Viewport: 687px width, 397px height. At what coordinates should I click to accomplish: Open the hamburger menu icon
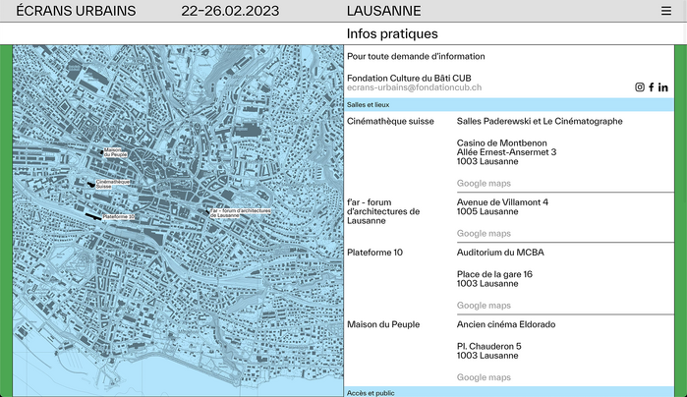point(665,11)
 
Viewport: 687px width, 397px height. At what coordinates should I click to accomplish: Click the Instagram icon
point(640,87)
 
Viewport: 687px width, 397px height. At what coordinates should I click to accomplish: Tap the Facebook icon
point(651,87)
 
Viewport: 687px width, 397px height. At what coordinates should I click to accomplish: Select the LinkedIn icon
point(663,87)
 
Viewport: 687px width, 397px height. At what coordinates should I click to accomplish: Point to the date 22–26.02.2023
point(230,11)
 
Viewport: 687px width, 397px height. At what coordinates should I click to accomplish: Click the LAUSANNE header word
point(383,11)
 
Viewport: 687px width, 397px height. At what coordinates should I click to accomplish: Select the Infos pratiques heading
point(392,33)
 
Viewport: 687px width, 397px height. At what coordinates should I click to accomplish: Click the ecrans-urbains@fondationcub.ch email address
point(414,87)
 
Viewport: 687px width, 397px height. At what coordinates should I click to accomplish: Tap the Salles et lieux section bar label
point(369,104)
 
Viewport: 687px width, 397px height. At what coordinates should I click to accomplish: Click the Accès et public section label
point(371,392)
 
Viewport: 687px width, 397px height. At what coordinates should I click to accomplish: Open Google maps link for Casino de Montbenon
point(484,183)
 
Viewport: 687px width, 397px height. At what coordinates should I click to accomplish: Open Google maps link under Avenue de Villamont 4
point(484,233)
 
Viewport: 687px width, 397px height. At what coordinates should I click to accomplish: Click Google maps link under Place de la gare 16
point(484,306)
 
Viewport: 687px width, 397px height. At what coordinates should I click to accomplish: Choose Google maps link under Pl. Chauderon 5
point(484,377)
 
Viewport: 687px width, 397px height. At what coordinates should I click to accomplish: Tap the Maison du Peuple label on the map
point(116,151)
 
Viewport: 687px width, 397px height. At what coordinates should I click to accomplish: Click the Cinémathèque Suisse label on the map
point(113,183)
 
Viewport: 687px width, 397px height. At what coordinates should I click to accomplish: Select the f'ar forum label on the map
point(240,212)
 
